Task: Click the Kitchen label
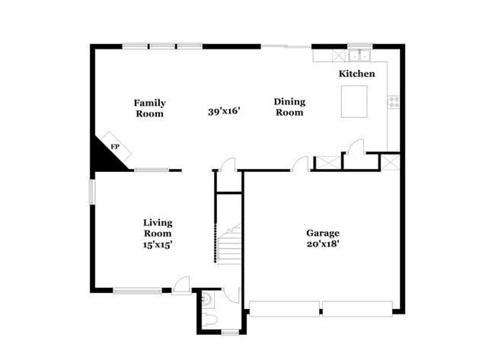tap(356, 74)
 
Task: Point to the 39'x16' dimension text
tap(224, 111)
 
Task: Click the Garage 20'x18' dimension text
tap(323, 244)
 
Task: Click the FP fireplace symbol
tap(115, 146)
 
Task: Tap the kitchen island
tap(354, 101)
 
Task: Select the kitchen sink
tap(359, 55)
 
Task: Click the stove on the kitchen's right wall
tap(394, 101)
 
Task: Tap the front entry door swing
tap(181, 285)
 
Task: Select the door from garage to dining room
tap(301, 164)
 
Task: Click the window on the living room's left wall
tap(91, 191)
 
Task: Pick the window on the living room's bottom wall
tap(137, 290)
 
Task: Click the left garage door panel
tap(284, 308)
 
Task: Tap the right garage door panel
tap(357, 308)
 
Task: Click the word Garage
tap(323, 233)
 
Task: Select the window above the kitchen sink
tap(359, 46)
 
